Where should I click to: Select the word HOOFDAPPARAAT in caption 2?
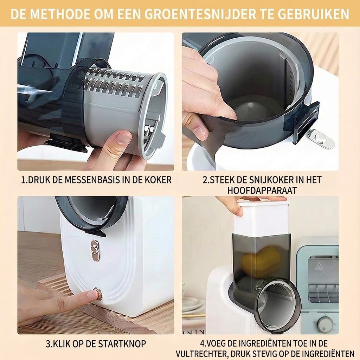point(262,190)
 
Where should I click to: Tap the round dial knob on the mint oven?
point(325,324)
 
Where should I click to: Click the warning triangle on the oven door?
point(319,266)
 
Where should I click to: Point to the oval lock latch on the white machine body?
point(96,251)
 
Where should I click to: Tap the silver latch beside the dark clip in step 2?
point(321,139)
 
